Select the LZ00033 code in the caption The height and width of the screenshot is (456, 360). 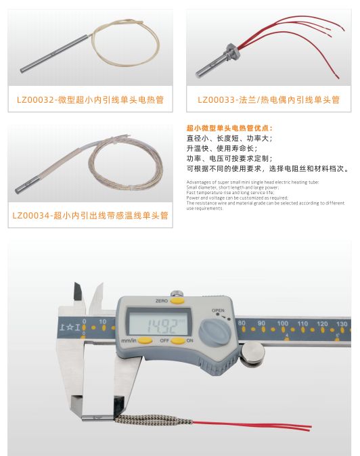click(216, 101)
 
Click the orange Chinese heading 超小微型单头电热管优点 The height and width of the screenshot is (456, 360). click(228, 127)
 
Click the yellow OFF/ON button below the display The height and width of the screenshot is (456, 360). click(177, 340)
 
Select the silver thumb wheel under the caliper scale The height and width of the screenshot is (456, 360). click(253, 350)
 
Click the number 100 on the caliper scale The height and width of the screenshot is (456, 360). click(282, 323)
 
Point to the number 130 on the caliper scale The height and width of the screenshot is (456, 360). click(342, 324)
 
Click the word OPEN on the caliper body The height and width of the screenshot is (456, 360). click(218, 311)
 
